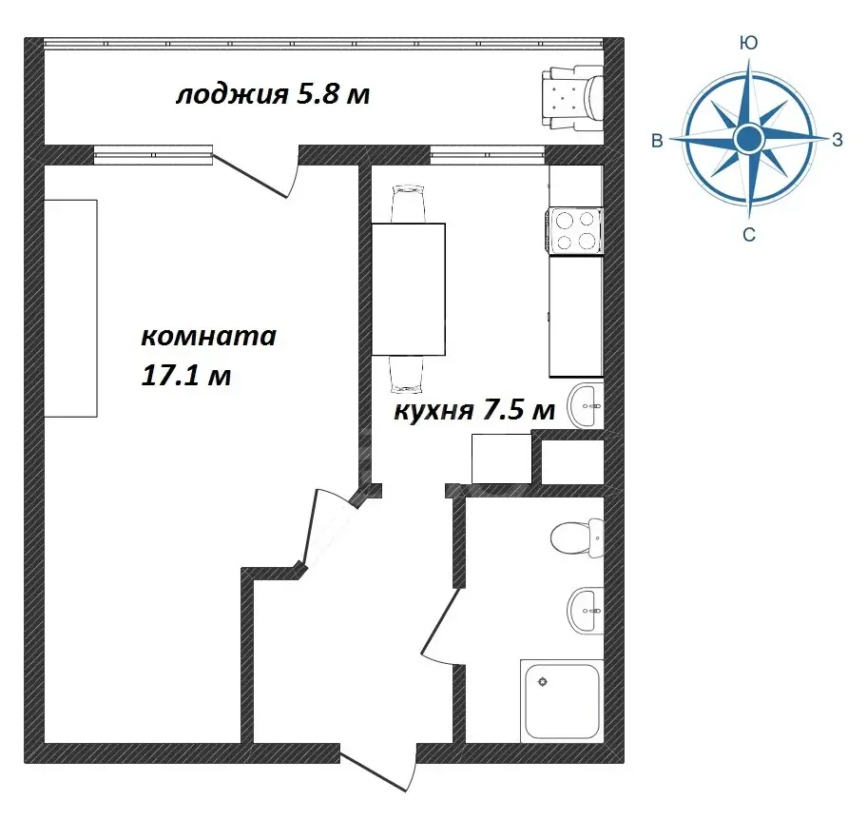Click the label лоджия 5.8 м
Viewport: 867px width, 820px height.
[x=273, y=94]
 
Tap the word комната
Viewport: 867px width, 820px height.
[x=208, y=336]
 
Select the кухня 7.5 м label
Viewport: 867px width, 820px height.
[x=473, y=411]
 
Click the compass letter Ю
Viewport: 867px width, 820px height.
[x=749, y=43]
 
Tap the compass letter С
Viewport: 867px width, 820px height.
[x=749, y=235]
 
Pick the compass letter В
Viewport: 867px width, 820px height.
[x=657, y=141]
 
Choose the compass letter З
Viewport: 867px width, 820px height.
[x=838, y=140]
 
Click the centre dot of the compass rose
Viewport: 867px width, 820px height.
[x=749, y=138]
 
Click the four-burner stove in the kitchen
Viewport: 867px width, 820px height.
[x=575, y=231]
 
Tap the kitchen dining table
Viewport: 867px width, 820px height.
[x=409, y=289]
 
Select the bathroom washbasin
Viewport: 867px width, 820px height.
[x=585, y=611]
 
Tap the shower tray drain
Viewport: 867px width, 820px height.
[x=543, y=682]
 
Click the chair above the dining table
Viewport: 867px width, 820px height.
[x=409, y=205]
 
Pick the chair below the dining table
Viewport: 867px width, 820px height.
[x=407, y=374]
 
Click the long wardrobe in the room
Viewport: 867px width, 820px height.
[x=70, y=308]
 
